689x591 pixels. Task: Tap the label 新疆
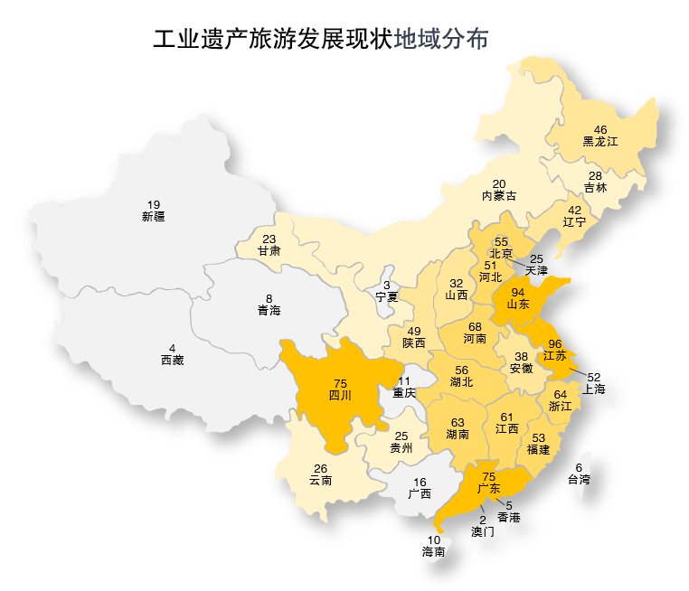[154, 217]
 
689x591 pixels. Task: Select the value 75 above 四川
[340, 383]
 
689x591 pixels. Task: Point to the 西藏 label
[173, 360]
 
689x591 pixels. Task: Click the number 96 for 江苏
[555, 344]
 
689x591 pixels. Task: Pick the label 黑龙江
[599, 142]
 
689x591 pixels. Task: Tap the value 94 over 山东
[518, 292]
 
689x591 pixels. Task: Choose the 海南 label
[434, 551]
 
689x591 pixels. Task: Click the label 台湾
[579, 479]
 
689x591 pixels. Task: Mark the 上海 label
[594, 389]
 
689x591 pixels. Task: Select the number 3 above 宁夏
[387, 285]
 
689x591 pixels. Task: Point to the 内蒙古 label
[499, 196]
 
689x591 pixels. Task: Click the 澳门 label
[483, 532]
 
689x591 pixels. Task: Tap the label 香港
[509, 518]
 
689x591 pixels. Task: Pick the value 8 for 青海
[269, 298]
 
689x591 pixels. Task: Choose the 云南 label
[320, 481]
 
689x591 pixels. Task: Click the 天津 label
[536, 271]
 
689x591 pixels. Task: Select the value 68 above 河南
[475, 326]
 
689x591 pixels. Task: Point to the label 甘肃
[269, 251]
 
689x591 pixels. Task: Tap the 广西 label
[420, 494]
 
